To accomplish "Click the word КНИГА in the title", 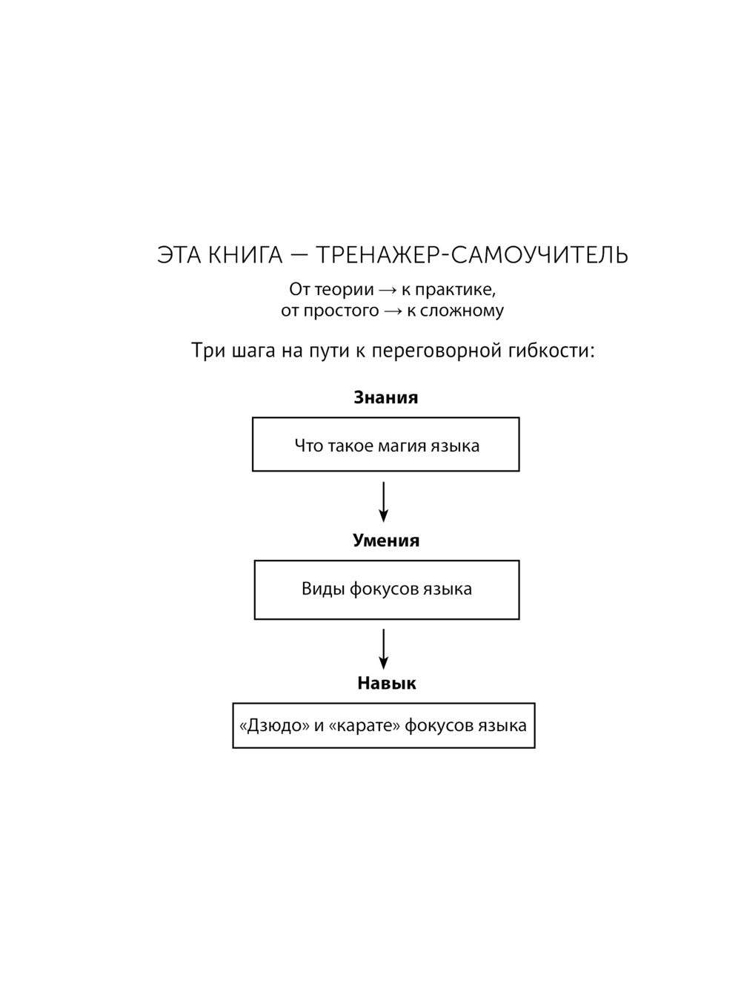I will point(245,255).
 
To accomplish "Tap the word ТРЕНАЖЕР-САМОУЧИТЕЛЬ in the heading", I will point(472,255).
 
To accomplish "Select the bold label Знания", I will point(385,397).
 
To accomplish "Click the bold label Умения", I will point(385,541).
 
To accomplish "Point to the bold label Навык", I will point(386,683).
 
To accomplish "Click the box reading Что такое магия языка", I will point(385,445).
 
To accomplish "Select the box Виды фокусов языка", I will point(386,590).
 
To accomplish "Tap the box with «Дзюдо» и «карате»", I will point(383,725).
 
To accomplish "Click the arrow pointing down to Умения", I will point(383,502).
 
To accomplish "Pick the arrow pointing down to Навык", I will point(383,649).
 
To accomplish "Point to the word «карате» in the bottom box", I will point(364,725).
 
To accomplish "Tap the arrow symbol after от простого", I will point(393,311).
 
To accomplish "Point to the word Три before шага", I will point(207,350).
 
